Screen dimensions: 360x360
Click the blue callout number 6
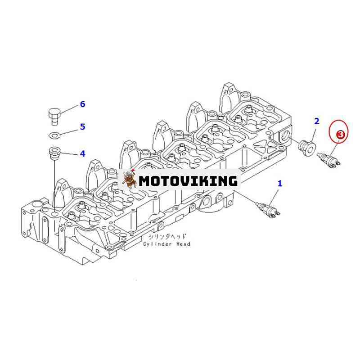[x=82, y=104]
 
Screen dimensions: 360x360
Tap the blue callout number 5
[x=82, y=126]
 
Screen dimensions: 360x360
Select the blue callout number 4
[x=82, y=153]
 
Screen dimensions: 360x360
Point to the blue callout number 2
[x=317, y=121]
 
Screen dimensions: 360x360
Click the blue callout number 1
[x=279, y=184]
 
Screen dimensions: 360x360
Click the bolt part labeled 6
[x=54, y=117]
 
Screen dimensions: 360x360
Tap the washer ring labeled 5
[x=54, y=135]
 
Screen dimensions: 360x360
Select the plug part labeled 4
[x=54, y=152]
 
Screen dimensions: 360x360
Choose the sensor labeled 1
[x=268, y=208]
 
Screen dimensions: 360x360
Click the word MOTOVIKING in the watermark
[x=188, y=181]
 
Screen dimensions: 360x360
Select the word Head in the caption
[x=183, y=244]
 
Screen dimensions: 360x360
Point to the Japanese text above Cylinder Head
[x=167, y=237]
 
